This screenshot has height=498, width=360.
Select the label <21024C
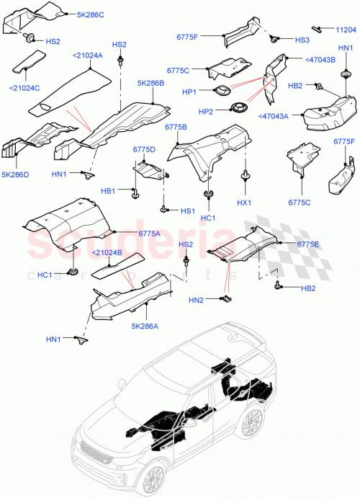tap(25, 89)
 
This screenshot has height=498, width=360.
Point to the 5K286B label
tap(150, 84)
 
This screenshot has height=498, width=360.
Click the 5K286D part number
tap(16, 174)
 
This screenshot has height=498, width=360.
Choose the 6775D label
tap(144, 149)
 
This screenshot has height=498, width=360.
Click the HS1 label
tap(187, 210)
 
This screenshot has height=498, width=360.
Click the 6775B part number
tap(176, 127)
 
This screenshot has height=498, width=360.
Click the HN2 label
tap(196, 300)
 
